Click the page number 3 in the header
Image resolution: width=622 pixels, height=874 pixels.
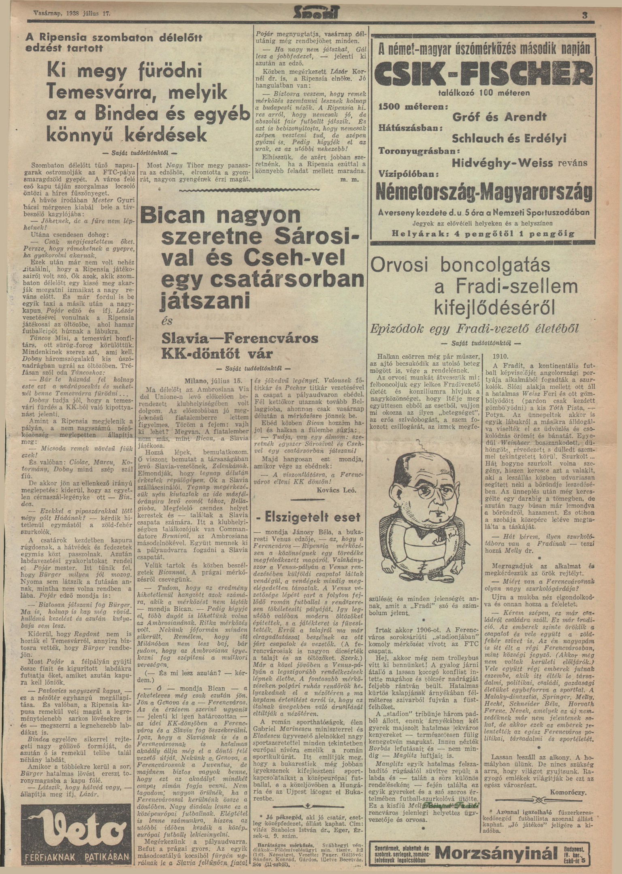pyautogui.click(x=584, y=16)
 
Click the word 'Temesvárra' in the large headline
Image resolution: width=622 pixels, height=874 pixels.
pyautogui.click(x=97, y=93)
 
